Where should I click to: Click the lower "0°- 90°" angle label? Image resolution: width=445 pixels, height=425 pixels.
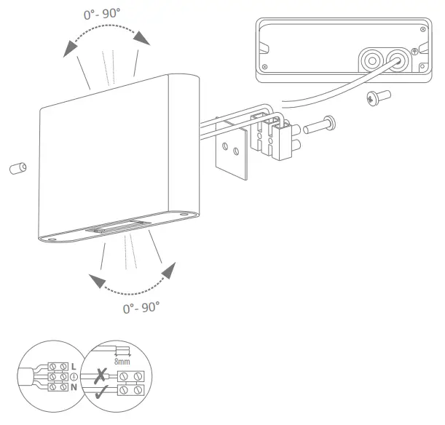click(141, 307)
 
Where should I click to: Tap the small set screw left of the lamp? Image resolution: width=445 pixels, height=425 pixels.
click(16, 169)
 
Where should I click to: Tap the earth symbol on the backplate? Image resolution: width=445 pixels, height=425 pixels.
click(414, 52)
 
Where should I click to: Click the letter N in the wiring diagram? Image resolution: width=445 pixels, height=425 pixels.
click(74, 388)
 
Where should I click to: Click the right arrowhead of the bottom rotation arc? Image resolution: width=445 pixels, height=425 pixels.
click(169, 271)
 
